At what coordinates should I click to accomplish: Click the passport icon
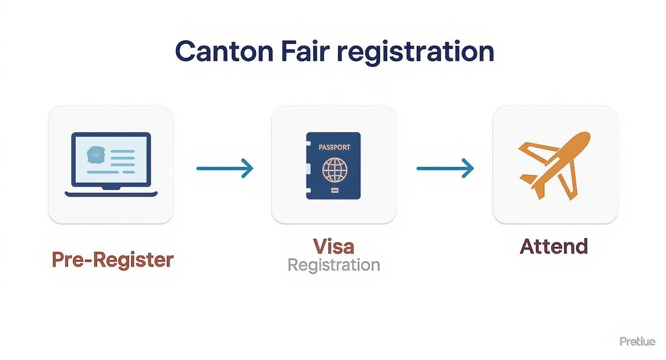[333, 166]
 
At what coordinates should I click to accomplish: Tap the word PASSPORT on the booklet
[334, 147]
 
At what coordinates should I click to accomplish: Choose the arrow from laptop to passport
[224, 169]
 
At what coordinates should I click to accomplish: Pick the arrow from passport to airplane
[444, 169]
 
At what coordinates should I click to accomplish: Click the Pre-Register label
[112, 259]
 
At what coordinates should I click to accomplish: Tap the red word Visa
[333, 246]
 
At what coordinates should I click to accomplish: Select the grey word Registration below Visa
[333, 265]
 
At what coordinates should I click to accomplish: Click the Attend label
[554, 246]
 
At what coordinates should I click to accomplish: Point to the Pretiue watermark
[637, 341]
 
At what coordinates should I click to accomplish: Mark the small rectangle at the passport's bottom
[333, 191]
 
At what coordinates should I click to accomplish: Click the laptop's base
[111, 194]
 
